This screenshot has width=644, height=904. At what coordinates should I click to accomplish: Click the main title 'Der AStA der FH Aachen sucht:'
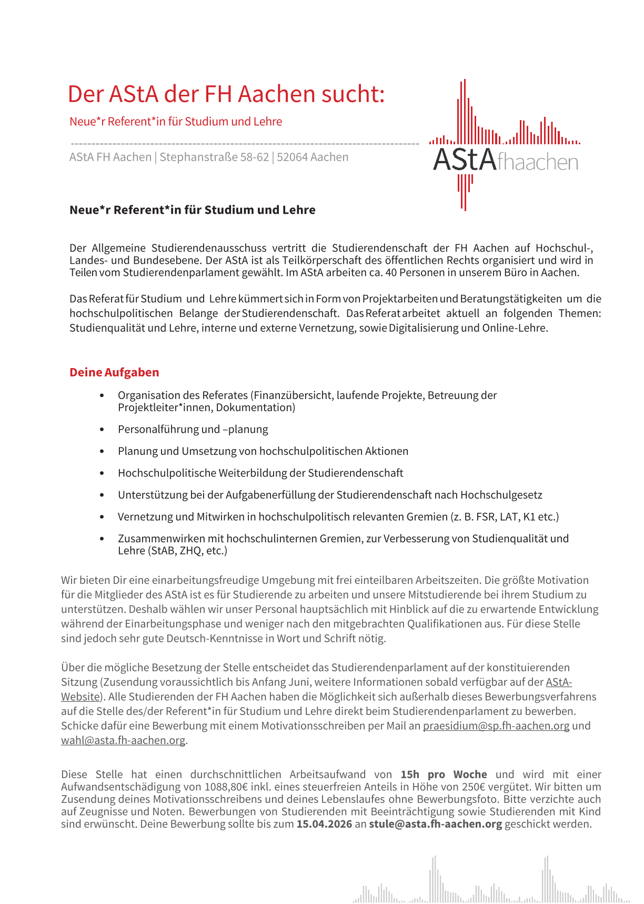(x=226, y=94)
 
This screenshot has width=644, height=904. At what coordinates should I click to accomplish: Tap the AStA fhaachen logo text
(x=505, y=160)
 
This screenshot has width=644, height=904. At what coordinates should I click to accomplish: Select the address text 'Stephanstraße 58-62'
(x=214, y=157)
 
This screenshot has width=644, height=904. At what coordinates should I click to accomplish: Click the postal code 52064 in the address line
(x=291, y=157)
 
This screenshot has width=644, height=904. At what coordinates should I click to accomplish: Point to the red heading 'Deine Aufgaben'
(x=114, y=372)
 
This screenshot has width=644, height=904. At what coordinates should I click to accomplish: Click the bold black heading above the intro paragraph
(x=193, y=210)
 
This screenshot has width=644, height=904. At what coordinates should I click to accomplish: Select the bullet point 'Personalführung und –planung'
(x=193, y=429)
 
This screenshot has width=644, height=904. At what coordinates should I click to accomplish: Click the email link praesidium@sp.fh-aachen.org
(x=496, y=726)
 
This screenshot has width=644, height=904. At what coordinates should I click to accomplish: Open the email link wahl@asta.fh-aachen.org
(x=123, y=740)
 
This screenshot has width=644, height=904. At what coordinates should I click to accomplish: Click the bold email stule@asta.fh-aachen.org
(x=436, y=823)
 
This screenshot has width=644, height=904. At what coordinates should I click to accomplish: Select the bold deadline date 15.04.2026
(x=324, y=823)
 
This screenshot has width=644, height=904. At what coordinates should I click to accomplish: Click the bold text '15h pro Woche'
(x=444, y=774)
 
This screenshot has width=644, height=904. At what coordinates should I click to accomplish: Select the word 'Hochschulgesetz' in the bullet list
(x=501, y=495)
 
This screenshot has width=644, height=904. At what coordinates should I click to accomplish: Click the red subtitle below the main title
(x=176, y=122)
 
